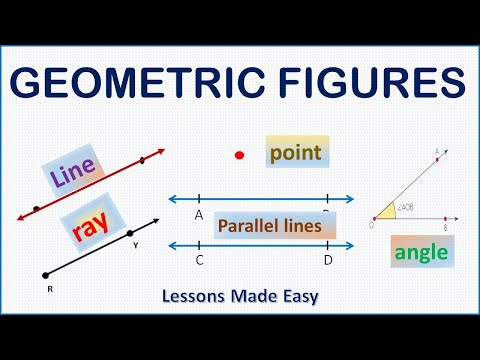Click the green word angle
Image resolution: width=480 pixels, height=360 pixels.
coord(421,252)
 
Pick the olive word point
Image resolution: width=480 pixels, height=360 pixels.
coord(298,154)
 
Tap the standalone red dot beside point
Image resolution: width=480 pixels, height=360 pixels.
coord(239,155)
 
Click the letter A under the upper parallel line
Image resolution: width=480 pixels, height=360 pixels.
coord(200,214)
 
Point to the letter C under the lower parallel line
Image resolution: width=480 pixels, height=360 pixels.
coord(200,261)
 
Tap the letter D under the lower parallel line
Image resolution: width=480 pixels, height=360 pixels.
coord(328,261)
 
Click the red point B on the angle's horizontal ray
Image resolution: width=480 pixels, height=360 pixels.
coord(443,216)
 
